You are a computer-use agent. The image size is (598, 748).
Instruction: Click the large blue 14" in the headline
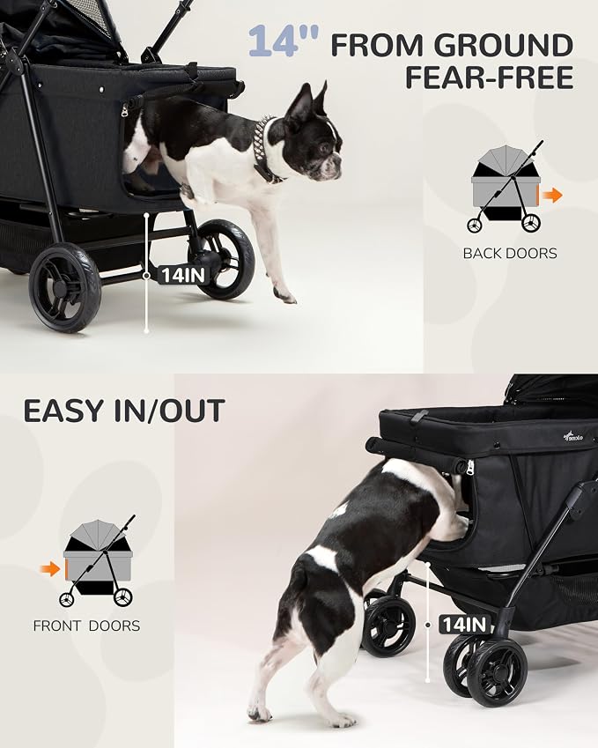[x=284, y=41]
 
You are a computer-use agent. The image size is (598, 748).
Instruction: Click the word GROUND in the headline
[x=504, y=46]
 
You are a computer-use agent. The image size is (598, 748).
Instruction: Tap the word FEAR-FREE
[x=490, y=78]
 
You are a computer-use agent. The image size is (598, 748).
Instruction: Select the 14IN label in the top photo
[x=182, y=275]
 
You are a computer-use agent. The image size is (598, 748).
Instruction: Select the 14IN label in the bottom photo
[x=464, y=625]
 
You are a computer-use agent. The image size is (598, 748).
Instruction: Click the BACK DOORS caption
[x=510, y=253]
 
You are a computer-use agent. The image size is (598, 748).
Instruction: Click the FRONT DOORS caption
[x=86, y=626]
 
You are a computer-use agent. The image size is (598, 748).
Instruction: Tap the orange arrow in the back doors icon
[x=553, y=195]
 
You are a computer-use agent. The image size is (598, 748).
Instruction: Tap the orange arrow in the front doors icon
[x=50, y=568]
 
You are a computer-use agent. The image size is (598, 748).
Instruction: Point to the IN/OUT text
[x=169, y=411]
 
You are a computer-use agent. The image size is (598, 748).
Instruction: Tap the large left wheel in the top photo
[x=65, y=287]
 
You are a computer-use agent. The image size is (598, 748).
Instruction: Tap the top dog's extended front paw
[x=285, y=297]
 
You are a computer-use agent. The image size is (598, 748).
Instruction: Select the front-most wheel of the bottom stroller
[x=497, y=671]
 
